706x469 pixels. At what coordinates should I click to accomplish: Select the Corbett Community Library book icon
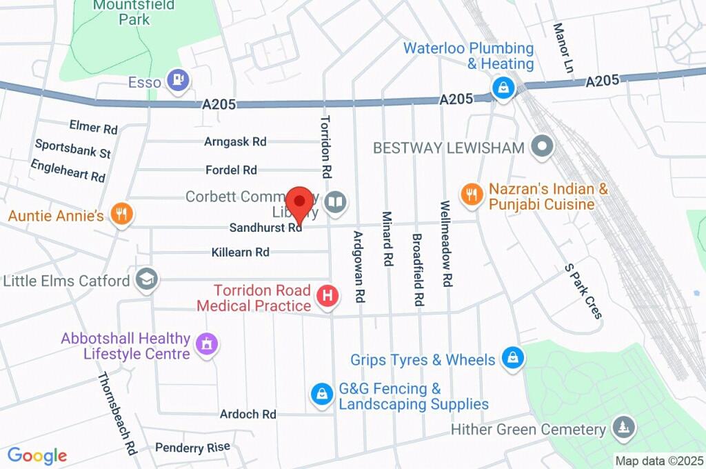point(336,202)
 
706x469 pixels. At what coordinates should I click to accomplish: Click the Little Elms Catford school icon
point(147,279)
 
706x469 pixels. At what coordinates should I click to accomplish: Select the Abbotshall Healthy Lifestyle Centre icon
point(205,343)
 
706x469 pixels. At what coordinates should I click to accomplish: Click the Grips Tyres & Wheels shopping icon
point(512,357)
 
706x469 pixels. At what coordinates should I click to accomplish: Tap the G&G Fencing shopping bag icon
point(321,394)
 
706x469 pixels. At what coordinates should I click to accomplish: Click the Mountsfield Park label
point(125,12)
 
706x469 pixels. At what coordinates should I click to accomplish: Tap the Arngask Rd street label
point(235,141)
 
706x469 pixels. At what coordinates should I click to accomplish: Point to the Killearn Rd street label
point(243,252)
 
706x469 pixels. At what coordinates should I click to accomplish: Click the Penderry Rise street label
point(192,448)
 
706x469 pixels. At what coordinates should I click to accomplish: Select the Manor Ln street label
point(563,40)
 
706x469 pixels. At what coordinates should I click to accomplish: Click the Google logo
point(37,456)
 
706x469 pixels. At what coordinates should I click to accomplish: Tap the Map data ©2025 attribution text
point(658,461)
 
